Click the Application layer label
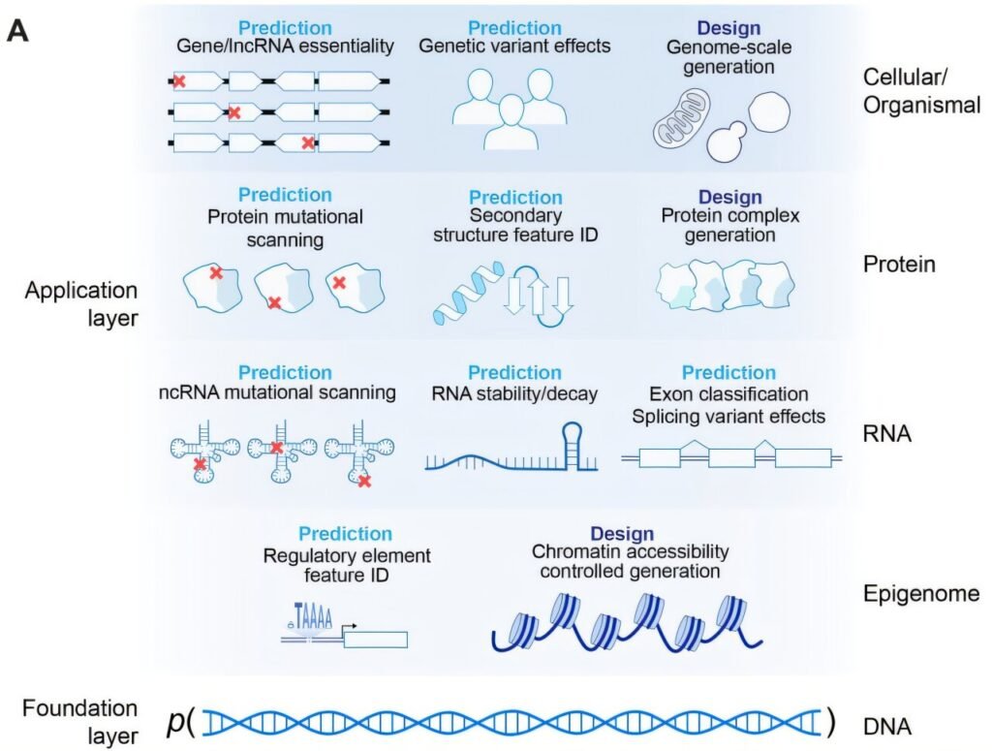pos(81,303)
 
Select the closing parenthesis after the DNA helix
pos(829,722)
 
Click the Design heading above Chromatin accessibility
pos(621,534)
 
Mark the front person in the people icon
pos(511,124)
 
